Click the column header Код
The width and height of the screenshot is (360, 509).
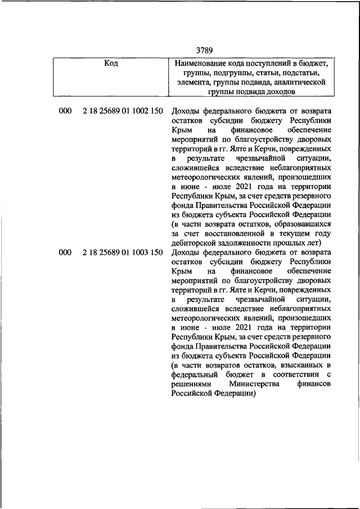pos(111,63)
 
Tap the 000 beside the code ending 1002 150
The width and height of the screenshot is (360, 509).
pos(65,111)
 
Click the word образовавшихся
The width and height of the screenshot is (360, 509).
pos(301,223)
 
